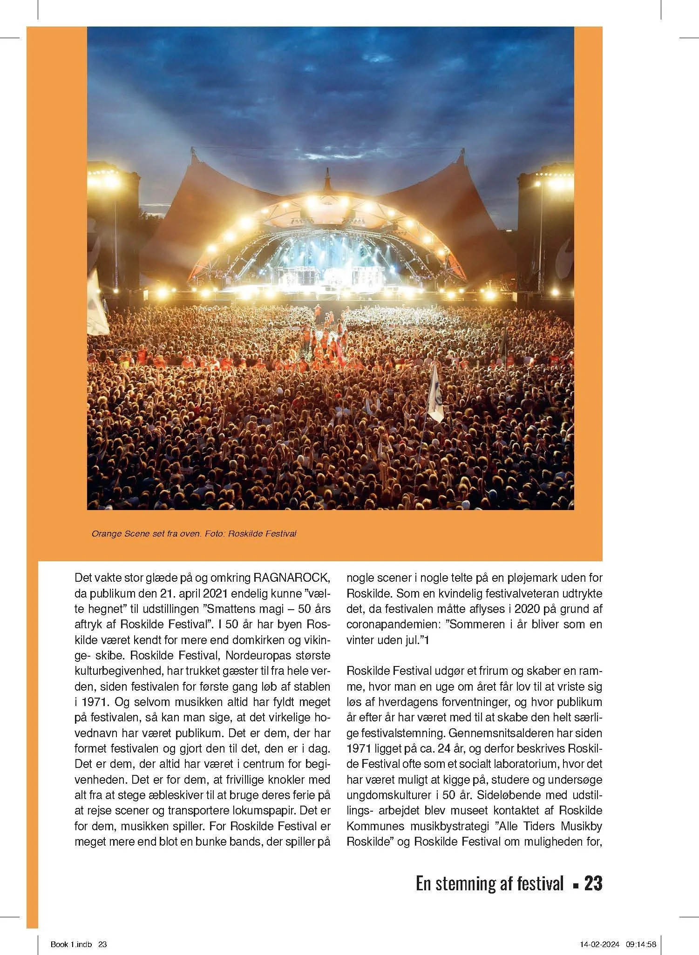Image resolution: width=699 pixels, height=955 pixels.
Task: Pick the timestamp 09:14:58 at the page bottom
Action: tap(641, 944)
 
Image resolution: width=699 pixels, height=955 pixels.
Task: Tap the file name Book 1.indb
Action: tap(71, 944)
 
